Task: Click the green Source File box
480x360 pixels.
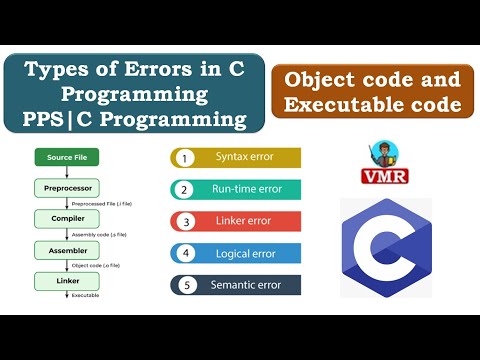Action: click(67, 156)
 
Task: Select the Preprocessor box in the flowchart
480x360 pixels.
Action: click(67, 187)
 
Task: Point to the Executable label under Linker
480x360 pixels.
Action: click(85, 295)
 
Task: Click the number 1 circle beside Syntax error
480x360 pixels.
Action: click(184, 158)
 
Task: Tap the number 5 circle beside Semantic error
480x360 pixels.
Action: click(184, 285)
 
